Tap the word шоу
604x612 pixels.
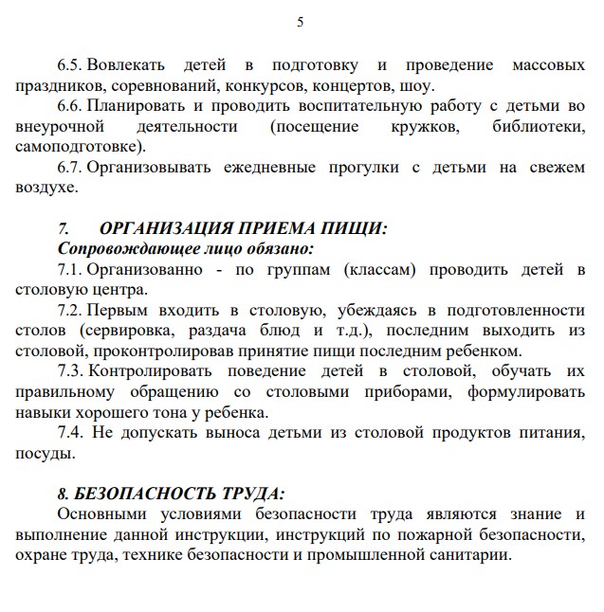pos(417,85)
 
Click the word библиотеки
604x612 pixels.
pos(538,126)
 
